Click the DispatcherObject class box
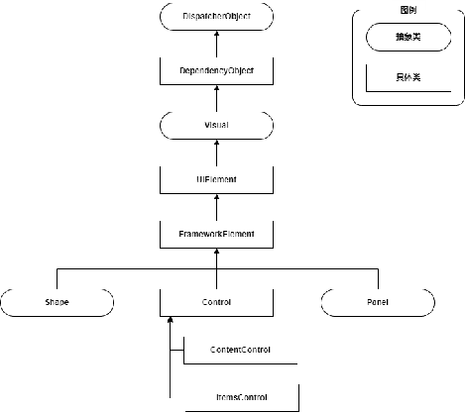216,18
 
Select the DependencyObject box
216,71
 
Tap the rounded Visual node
216,126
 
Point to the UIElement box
216,179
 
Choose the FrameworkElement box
216,234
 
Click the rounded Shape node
57,301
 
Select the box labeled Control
216,301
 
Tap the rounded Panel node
378,301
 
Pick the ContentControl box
240,350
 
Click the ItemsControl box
240,397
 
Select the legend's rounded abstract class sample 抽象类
407,38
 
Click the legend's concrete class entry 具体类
407,77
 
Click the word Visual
216,126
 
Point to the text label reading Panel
378,301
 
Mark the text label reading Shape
57,301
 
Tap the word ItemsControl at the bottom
240,397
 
